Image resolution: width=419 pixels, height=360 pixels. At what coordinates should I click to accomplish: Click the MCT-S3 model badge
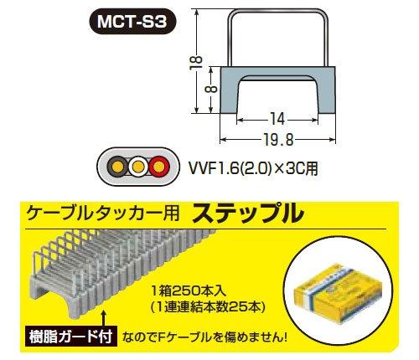(x=132, y=22)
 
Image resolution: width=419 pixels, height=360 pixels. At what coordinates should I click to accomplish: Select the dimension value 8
(x=213, y=90)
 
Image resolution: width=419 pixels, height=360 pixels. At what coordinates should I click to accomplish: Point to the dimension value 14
(x=277, y=120)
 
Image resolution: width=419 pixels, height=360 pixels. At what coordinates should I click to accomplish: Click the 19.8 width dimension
(x=278, y=140)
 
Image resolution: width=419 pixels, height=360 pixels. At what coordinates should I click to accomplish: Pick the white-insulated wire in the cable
(x=137, y=167)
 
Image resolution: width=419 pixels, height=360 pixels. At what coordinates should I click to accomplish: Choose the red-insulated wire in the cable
(x=158, y=167)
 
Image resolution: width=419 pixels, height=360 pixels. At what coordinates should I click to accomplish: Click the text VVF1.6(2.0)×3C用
(x=253, y=168)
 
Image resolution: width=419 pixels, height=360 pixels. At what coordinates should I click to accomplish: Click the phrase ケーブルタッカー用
(x=102, y=214)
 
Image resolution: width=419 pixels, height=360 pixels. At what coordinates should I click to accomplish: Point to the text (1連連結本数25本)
(x=207, y=307)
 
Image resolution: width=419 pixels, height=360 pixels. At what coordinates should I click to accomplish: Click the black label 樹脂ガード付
(x=70, y=337)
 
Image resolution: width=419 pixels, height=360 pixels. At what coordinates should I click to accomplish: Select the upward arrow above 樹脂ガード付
(x=104, y=320)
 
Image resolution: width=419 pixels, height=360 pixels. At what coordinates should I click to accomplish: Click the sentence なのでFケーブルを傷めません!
(x=204, y=337)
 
